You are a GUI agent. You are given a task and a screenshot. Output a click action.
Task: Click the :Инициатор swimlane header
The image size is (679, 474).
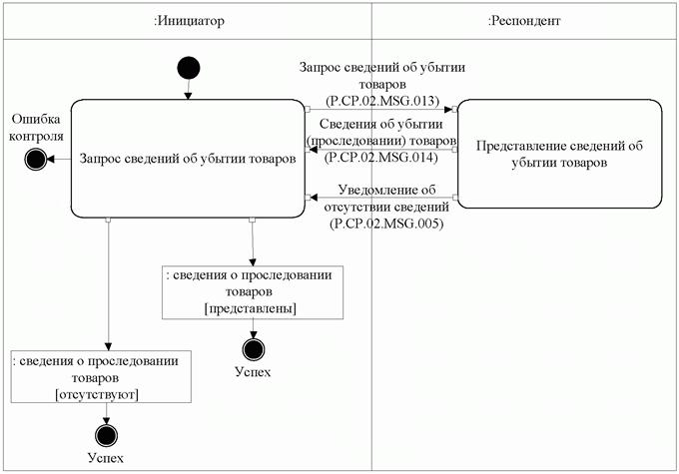189,21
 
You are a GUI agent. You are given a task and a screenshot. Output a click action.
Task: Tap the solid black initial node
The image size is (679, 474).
188,68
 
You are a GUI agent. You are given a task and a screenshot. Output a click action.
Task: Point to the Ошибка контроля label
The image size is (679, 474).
36,127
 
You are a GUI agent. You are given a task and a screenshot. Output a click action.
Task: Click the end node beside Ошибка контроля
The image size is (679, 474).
37,158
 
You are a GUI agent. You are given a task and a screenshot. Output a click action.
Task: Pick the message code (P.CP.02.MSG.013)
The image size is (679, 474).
384,100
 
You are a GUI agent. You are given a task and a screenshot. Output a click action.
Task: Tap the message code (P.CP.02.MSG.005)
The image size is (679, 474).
384,224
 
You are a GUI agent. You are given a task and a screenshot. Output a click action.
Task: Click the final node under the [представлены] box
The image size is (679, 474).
253,348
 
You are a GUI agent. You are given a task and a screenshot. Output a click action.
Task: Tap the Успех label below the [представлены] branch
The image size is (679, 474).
253,372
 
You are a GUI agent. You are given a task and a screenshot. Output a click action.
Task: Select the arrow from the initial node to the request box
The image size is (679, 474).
188,90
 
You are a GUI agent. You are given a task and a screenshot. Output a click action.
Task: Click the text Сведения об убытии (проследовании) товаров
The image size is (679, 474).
384,132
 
